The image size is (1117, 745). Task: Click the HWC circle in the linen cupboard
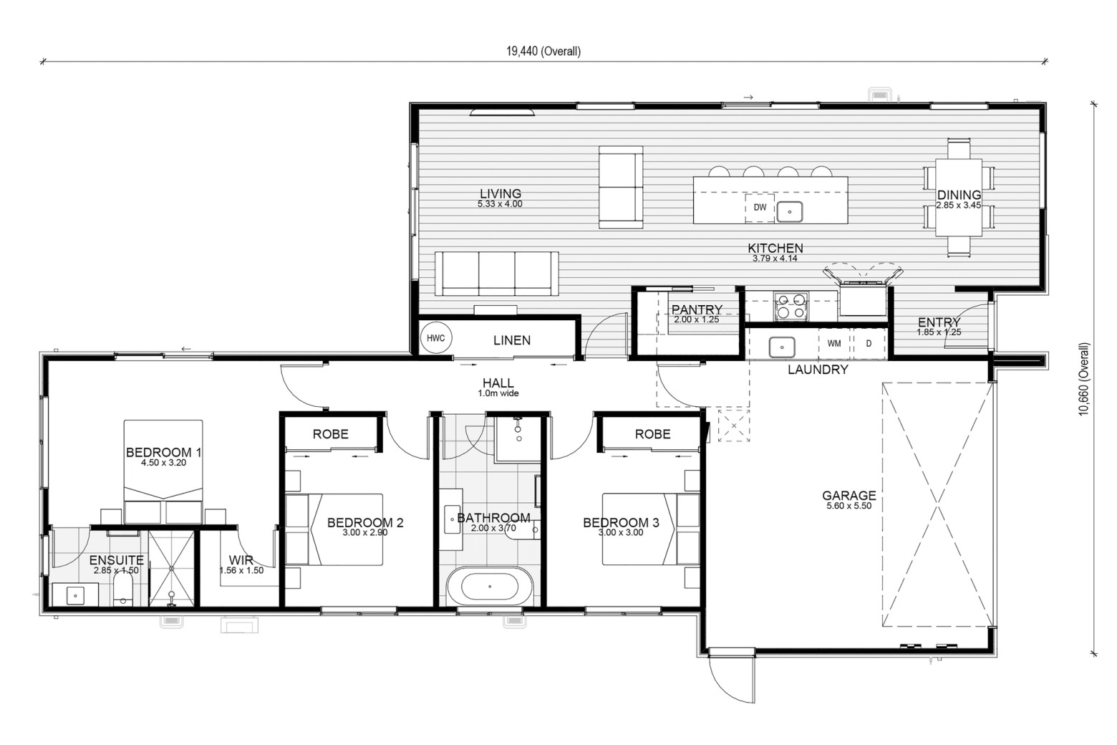[x=436, y=338]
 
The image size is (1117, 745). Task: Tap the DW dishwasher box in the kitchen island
[x=760, y=208]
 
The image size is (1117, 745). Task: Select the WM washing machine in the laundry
[x=833, y=343]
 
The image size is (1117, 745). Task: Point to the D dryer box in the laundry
[x=869, y=343]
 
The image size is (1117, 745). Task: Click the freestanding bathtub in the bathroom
[x=490, y=586]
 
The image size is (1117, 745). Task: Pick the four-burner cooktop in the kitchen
[x=791, y=306]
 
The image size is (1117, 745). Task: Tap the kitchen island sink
[x=789, y=211]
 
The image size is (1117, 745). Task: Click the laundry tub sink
[x=781, y=347]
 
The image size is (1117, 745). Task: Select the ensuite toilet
[x=122, y=590]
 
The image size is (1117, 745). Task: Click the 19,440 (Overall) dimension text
[x=543, y=52]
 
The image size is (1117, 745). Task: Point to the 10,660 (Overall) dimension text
[x=1084, y=379]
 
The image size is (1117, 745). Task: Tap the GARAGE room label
[x=848, y=496]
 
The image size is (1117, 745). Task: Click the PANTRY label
[x=697, y=309]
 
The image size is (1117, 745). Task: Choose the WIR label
[x=241, y=560]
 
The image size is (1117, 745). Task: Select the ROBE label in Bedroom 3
[x=653, y=434]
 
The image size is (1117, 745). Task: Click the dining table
[x=959, y=197]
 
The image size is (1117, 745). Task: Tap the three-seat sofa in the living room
[x=497, y=274]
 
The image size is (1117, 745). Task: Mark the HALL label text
[x=498, y=383]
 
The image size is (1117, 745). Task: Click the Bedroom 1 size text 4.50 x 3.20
[x=163, y=463]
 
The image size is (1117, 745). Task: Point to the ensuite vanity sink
[x=75, y=596]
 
